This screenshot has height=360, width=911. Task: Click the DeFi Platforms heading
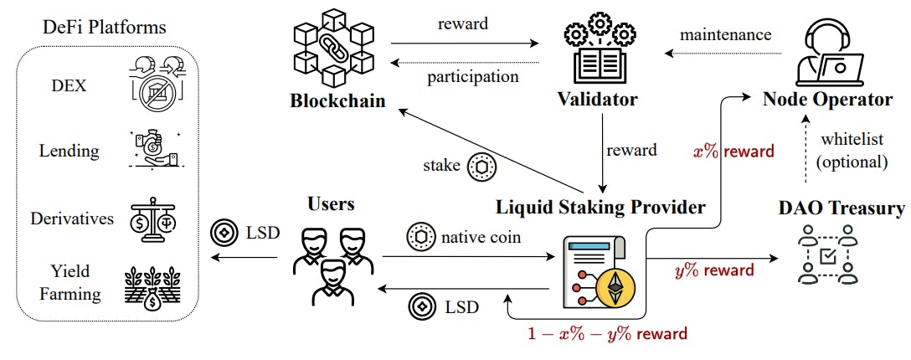[105, 27]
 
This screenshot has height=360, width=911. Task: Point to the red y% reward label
[714, 270]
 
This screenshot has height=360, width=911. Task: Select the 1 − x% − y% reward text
[607, 333]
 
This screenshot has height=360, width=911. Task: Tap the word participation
[472, 76]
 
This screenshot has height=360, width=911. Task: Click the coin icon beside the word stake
[481, 165]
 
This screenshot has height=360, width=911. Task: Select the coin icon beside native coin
[419, 238]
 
